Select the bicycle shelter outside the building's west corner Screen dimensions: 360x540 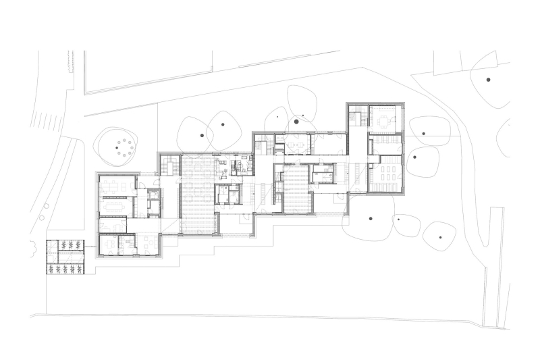click(x=65, y=257)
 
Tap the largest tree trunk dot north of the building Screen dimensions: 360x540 click(x=296, y=122)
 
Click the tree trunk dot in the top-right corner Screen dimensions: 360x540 click(x=488, y=80)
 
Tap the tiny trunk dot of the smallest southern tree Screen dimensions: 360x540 click(x=399, y=219)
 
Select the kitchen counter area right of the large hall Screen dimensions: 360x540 click(x=241, y=165)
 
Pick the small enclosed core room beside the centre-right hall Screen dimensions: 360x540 click(x=322, y=174)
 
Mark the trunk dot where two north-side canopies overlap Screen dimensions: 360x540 click(x=221, y=124)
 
